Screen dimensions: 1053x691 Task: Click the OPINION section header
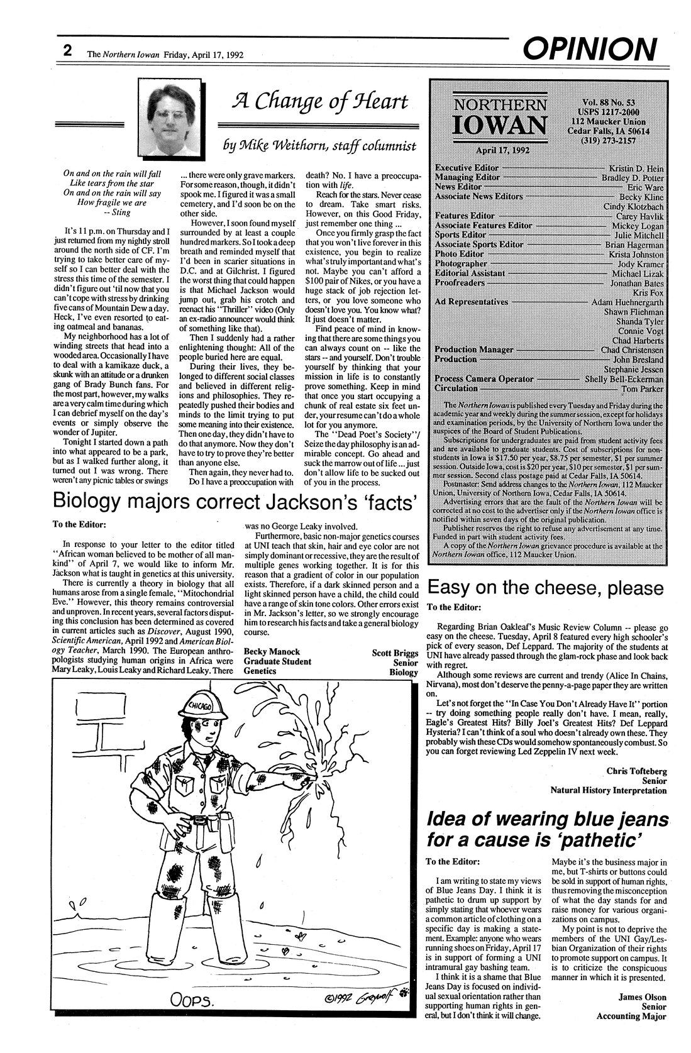[589, 48]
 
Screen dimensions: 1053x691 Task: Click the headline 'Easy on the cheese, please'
[545, 588]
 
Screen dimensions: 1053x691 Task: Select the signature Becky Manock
[272, 651]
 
